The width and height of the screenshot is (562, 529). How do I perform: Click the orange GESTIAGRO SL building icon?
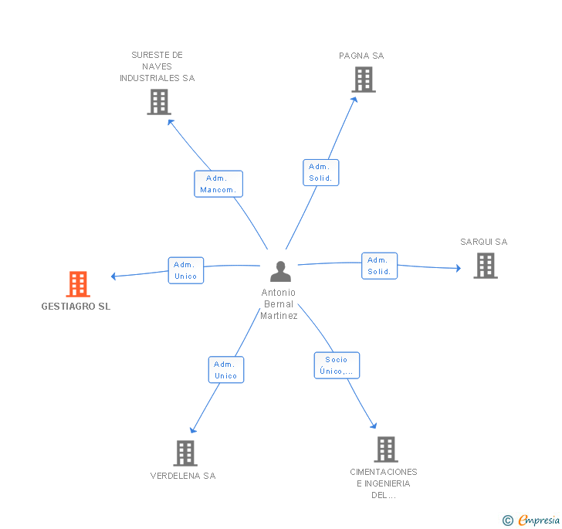click(x=78, y=284)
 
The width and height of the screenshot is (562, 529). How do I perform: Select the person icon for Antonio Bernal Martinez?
click(x=281, y=271)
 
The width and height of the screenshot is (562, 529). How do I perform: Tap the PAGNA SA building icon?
click(x=364, y=80)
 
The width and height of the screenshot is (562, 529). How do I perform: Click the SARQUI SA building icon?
click(x=486, y=266)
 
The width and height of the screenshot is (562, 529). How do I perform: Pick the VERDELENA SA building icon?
click(x=185, y=453)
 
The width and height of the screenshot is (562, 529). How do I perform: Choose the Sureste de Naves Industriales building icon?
click(x=159, y=102)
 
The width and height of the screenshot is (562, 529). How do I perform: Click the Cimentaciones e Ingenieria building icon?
click(x=386, y=449)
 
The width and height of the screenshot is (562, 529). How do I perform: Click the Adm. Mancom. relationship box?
click(x=218, y=184)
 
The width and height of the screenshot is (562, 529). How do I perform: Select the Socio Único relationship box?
click(x=337, y=365)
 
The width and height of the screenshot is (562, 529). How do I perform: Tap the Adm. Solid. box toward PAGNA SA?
click(x=321, y=172)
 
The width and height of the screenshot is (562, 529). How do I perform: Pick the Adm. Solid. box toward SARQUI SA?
click(x=380, y=266)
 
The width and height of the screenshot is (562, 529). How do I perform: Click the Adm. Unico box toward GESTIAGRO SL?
click(x=186, y=270)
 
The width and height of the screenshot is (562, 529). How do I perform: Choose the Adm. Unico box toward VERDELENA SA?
click(x=226, y=370)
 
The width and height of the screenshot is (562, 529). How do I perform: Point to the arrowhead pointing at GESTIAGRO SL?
click(x=113, y=276)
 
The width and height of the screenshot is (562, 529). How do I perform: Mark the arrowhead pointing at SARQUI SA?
click(x=459, y=268)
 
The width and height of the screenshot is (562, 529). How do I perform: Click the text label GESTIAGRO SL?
click(x=76, y=307)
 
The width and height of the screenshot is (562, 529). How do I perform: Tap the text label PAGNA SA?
click(x=361, y=56)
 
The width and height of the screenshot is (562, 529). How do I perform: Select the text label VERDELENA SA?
click(x=183, y=476)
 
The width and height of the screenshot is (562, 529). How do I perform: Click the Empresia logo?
click(x=531, y=521)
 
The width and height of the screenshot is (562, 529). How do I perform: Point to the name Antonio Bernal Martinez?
click(x=279, y=304)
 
